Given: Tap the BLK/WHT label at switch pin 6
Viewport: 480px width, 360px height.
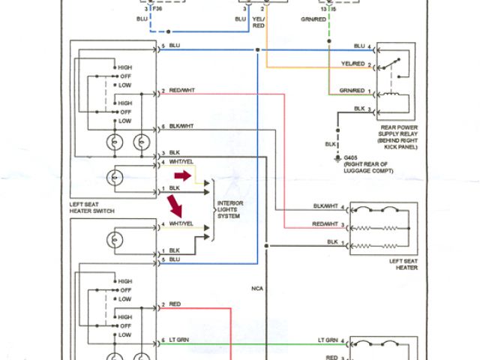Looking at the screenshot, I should pos(181,125).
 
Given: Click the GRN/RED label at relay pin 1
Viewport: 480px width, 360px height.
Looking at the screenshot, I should pos(352,91).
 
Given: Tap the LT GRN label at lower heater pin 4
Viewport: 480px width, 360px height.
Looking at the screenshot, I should pos(328,341).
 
